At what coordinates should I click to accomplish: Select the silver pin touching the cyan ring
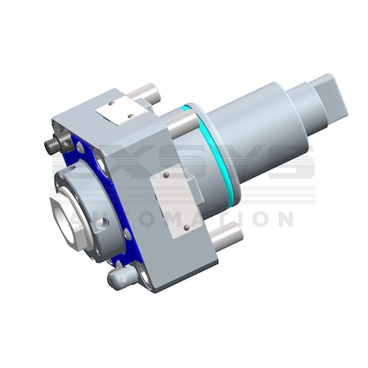182,123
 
